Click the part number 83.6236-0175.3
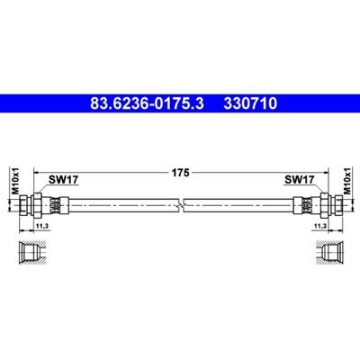point(147,103)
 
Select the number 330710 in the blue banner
point(250,103)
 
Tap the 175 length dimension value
point(180,173)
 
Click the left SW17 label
point(63,180)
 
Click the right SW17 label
point(299,180)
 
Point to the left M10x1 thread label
point(15,181)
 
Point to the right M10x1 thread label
point(347,181)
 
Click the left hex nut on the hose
point(37,205)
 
